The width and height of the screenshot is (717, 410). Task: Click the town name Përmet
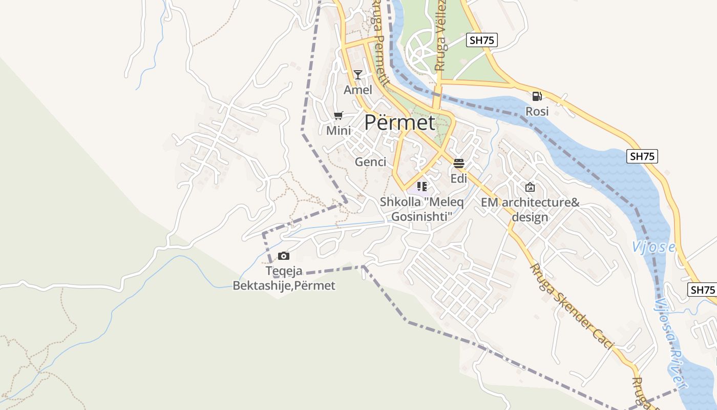pos(399,123)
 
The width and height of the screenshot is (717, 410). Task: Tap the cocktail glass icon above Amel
pos(358,75)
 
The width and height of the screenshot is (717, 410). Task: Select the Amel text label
pos(358,90)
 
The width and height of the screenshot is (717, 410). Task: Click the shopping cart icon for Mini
pos(338,116)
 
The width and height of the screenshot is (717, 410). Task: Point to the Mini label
pos(339,131)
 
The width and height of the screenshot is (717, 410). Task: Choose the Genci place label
pos(370,162)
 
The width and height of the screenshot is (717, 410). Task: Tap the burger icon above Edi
pos(459,163)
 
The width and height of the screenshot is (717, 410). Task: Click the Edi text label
pos(459,178)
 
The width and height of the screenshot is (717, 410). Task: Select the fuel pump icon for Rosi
pos(537,96)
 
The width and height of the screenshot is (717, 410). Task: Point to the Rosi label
pos(537,111)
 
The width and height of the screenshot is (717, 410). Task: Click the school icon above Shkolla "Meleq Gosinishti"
pos(421,187)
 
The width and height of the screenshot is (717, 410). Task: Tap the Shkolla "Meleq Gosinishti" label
pos(421,209)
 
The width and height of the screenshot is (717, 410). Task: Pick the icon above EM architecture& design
pos(530,187)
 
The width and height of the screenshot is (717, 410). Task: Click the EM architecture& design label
pos(530,210)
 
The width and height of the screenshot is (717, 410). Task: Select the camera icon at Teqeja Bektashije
pos(284,256)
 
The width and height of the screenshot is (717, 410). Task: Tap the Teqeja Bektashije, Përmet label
pos(284,278)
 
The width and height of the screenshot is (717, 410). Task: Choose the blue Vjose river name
pos(653,248)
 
